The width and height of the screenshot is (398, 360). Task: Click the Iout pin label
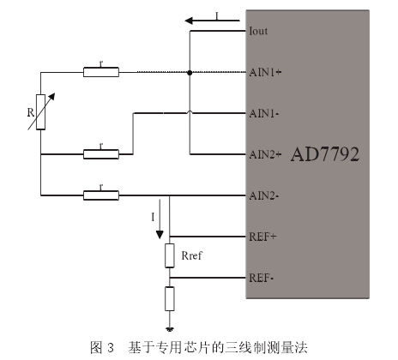(x=258, y=31)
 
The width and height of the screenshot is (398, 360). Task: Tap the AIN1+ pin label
(x=265, y=72)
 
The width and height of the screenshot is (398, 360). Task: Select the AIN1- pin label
(x=264, y=113)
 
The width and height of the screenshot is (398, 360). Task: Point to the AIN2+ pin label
(x=265, y=154)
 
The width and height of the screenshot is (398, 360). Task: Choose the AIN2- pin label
(x=264, y=195)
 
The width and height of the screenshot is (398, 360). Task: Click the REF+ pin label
(x=262, y=237)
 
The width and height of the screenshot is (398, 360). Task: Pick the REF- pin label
(x=262, y=278)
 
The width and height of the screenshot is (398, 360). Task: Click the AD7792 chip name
(x=325, y=154)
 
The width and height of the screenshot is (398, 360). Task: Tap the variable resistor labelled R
(x=41, y=112)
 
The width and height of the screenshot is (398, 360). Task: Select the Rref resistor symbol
(x=170, y=255)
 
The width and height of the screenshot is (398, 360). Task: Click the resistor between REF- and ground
(x=170, y=298)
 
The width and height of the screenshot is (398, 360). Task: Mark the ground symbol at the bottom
(x=170, y=329)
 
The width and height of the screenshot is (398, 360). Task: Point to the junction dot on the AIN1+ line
(x=190, y=73)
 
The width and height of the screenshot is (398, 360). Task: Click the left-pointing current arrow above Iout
(x=212, y=21)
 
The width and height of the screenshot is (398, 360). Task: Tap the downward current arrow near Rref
(x=160, y=219)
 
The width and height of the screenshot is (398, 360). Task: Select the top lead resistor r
(x=101, y=72)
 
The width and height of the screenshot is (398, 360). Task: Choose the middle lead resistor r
(x=101, y=154)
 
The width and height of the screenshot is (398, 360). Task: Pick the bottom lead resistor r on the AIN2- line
(x=101, y=195)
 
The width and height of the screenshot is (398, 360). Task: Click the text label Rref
(x=191, y=255)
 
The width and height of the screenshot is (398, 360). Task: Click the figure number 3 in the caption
(x=111, y=348)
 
